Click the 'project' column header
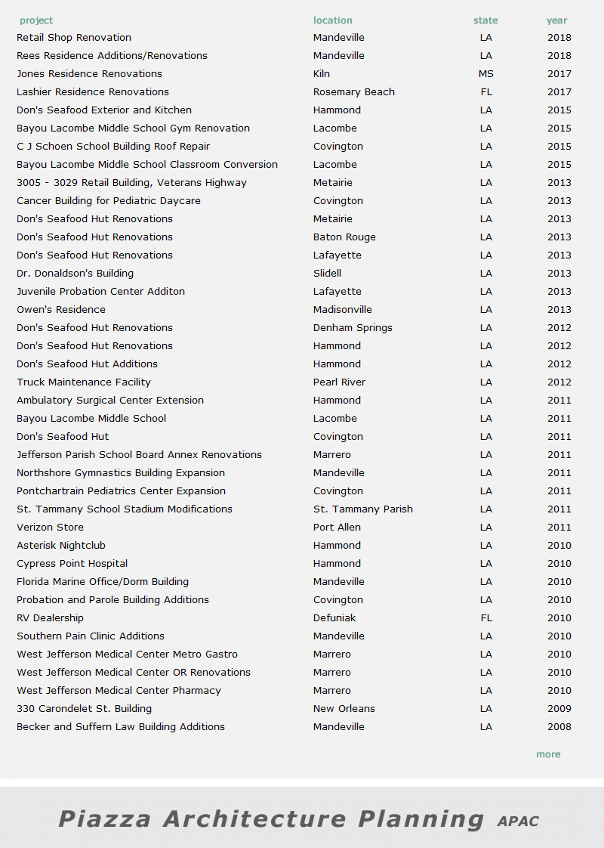coord(36,20)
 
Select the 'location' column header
coord(332,20)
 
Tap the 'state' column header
coord(485,20)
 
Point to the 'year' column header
coord(557,20)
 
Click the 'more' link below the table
coord(548,754)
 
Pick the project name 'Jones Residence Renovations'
coord(89,73)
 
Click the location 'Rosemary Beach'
coord(353,91)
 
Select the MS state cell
coord(485,73)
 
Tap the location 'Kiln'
coord(322,73)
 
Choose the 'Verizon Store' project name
coord(50,527)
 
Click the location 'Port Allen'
coord(337,527)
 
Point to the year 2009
coord(559,708)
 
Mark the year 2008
coord(559,726)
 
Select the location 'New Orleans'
coord(344,708)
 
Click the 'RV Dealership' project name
coord(50,617)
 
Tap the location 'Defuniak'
coord(334,617)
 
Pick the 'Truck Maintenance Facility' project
coord(84,382)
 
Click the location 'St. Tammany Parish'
coord(362,509)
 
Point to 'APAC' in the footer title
coord(518,821)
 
